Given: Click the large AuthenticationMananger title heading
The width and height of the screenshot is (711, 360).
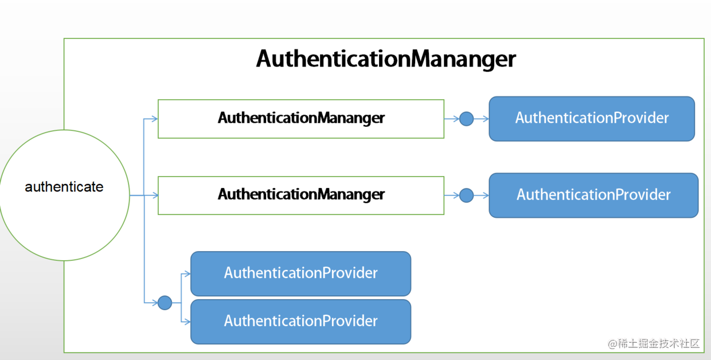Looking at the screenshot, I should point(386,59).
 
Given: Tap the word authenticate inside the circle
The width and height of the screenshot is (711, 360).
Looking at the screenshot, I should point(64,187).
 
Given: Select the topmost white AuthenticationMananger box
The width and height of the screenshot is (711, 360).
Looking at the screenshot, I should point(301,119).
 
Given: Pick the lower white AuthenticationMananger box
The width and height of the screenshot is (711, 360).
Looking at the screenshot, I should point(301,195).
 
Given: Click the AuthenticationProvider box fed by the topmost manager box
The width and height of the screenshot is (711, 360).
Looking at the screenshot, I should point(592,119).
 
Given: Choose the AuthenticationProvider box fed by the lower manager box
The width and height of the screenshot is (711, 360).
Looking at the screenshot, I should point(593,195).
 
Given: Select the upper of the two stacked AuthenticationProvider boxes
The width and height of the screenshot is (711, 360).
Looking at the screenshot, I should point(300,273).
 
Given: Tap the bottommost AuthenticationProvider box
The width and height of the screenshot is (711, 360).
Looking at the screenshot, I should point(300,322).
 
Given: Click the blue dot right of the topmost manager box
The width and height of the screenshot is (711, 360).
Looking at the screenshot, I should point(467,119).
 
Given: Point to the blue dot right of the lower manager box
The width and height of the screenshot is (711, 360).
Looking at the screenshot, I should point(467,195).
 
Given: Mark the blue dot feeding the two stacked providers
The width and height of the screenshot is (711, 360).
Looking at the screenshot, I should point(165,302).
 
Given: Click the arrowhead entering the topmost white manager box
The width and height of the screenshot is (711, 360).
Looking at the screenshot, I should point(154,119).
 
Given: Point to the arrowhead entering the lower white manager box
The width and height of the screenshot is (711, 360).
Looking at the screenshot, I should point(154,195).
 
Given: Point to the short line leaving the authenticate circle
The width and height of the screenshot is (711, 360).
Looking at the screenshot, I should point(136,195).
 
